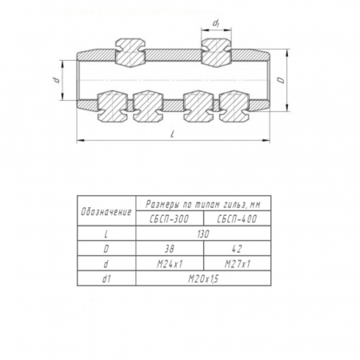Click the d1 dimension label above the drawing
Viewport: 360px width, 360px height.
pyautogui.click(x=216, y=24)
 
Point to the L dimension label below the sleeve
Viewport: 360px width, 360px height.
pyautogui.click(x=173, y=134)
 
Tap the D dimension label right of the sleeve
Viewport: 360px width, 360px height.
pyautogui.click(x=281, y=80)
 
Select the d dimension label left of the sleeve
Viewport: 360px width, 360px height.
pyautogui.click(x=55, y=80)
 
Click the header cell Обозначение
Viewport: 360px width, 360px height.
pyautogui.click(x=106, y=212)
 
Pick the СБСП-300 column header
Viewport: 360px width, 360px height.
pyautogui.click(x=170, y=219)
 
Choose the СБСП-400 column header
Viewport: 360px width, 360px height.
pyautogui.click(x=237, y=219)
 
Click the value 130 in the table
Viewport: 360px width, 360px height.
pyautogui.click(x=203, y=234)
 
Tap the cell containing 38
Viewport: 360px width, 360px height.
pyautogui.click(x=170, y=249)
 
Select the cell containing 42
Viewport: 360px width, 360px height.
pyautogui.click(x=237, y=249)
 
